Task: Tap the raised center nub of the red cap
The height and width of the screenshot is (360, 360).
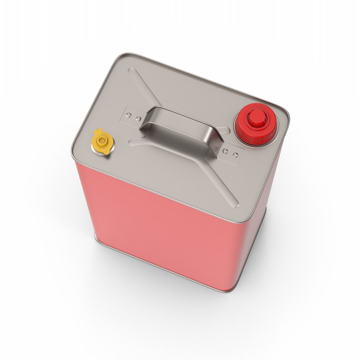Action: [x=257, y=117]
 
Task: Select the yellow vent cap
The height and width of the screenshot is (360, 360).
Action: [x=102, y=143]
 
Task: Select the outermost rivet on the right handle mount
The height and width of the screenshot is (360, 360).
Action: [x=235, y=155]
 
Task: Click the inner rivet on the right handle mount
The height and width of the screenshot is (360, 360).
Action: [x=226, y=151]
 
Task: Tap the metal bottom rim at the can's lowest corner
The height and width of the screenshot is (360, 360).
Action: [x=227, y=290]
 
